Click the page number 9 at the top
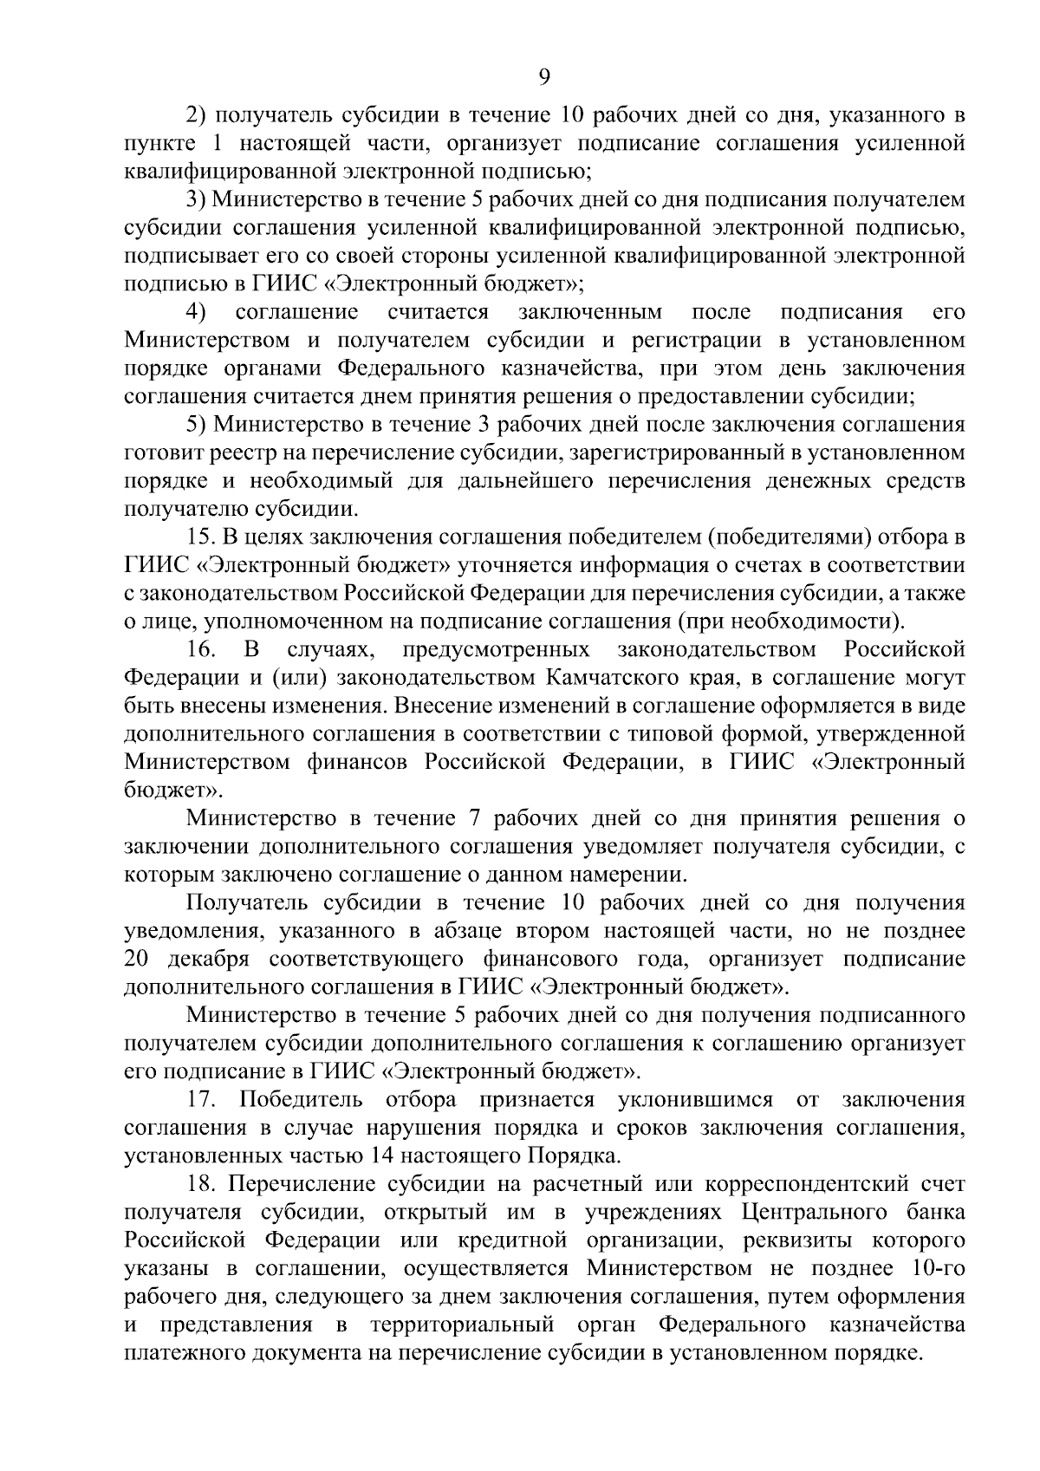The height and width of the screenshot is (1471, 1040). pos(544,77)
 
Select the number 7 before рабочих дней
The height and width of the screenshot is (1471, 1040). pos(473,819)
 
